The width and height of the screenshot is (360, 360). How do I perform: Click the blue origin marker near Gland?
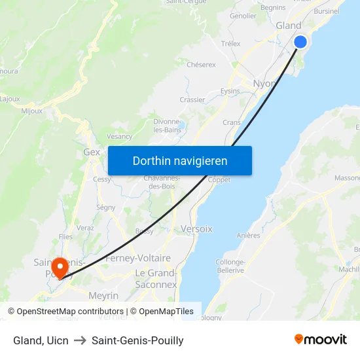point(300,42)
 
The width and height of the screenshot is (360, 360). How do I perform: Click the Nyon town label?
point(264,84)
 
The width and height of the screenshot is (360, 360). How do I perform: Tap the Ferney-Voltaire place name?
point(138,259)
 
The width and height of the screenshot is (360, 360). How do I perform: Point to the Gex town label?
point(92,152)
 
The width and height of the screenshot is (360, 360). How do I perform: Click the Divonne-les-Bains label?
point(166,126)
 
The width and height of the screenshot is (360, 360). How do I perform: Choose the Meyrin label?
point(103,296)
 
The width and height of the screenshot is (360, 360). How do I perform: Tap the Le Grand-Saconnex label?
point(156,279)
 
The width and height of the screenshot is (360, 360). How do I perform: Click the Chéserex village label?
point(201,65)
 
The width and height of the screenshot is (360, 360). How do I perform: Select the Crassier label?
point(192,100)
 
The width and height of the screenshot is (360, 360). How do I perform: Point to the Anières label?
point(248,236)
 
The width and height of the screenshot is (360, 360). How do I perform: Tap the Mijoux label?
point(31,111)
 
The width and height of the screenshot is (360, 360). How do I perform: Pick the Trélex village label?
point(230,44)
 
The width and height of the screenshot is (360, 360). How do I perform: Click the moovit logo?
point(320,340)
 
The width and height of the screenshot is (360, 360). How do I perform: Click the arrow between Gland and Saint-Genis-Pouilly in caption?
point(80,340)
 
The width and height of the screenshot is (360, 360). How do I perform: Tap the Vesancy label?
point(119,136)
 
